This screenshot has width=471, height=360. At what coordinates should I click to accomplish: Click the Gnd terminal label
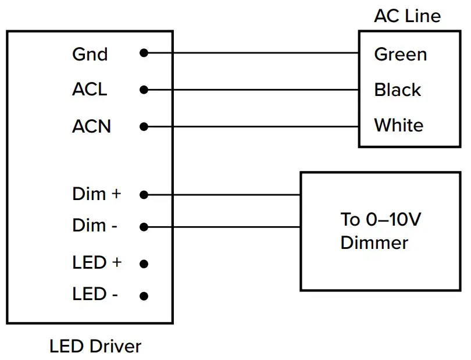[x=90, y=55]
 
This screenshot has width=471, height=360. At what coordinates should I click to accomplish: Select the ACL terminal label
[x=90, y=90]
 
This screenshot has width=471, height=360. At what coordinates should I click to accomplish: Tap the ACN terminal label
[x=91, y=126]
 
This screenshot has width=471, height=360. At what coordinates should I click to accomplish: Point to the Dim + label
[x=97, y=194]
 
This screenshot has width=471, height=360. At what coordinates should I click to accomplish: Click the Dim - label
[x=95, y=226]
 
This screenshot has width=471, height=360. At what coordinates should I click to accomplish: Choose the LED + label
[x=97, y=262]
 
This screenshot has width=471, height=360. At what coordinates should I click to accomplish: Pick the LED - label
[x=95, y=294]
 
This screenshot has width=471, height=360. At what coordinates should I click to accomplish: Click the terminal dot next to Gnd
[x=144, y=54]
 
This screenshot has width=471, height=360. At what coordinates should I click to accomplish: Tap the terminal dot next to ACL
[x=144, y=90]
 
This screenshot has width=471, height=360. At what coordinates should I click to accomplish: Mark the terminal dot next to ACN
[x=144, y=126]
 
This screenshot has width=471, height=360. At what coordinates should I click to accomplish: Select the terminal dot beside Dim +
[x=144, y=195]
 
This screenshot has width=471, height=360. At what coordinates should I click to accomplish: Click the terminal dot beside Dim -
[x=144, y=227]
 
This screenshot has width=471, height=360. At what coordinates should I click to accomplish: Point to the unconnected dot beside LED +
[x=144, y=263]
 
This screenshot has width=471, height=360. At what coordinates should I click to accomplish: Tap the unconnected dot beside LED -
[x=144, y=295]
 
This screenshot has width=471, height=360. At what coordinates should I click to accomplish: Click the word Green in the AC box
[x=400, y=55]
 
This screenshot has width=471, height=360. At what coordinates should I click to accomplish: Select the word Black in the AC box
[x=398, y=90]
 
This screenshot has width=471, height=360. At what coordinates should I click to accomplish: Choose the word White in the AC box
[x=399, y=125]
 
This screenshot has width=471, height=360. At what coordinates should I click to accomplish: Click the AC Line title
[x=407, y=16]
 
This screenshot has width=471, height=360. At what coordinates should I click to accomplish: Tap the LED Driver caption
[x=95, y=347]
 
